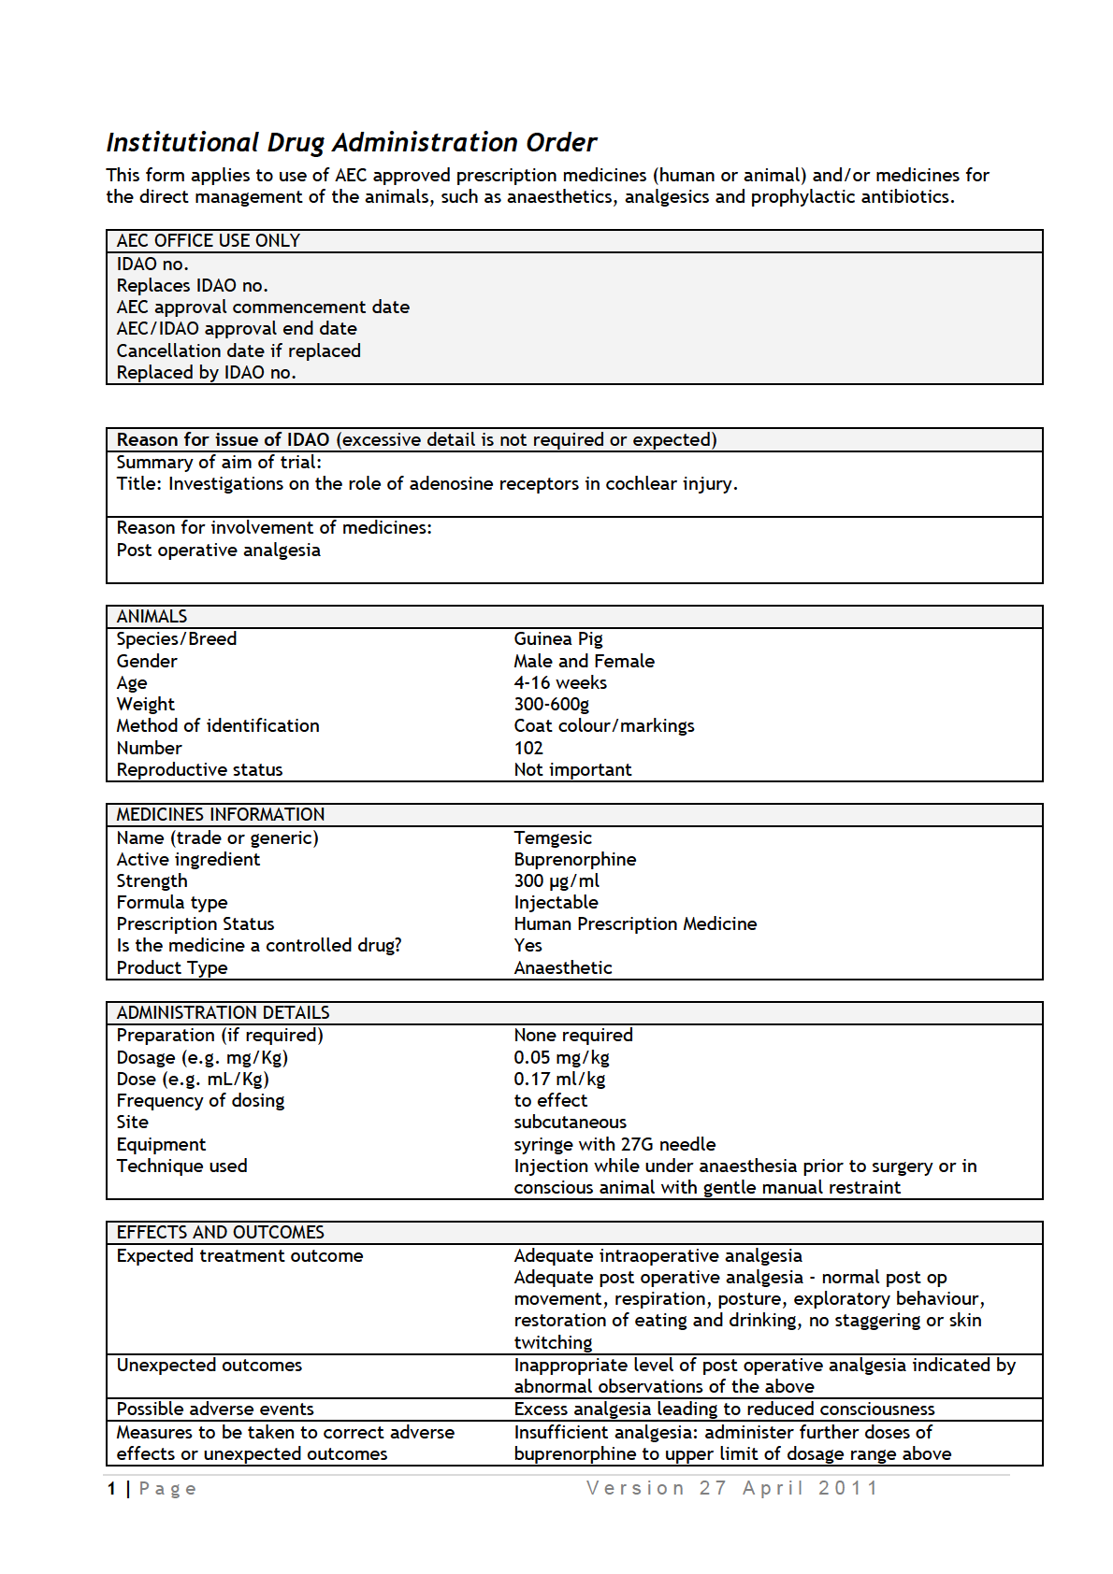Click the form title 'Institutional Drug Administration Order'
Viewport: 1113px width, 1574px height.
coord(351,142)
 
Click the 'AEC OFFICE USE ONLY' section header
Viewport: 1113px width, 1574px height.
coord(208,240)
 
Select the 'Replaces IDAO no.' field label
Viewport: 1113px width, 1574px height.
coord(192,285)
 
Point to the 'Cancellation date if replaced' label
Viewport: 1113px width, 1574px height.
coord(238,351)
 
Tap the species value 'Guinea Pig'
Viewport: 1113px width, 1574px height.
coord(558,638)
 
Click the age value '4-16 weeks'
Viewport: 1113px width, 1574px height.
coord(560,682)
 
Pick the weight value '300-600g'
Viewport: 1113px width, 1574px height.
coord(552,704)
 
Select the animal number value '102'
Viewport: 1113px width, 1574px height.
coord(528,748)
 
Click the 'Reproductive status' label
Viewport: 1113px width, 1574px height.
coord(199,769)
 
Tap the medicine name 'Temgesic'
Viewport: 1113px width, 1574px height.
coord(553,837)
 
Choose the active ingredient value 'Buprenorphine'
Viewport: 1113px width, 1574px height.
coord(575,859)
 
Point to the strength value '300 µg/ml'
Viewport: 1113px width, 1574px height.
coord(556,880)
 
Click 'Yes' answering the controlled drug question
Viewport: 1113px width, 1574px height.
coord(528,945)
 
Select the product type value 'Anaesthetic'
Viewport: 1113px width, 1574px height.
coord(563,967)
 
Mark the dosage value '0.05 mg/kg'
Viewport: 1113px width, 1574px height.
coord(561,1057)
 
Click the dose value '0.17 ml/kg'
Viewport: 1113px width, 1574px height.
coord(559,1079)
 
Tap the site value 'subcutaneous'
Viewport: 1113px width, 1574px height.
coord(571,1122)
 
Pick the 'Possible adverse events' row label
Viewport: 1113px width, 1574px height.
coord(215,1409)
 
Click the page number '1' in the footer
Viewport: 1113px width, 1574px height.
coord(112,1488)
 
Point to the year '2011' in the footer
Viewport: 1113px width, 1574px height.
coord(848,1488)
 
